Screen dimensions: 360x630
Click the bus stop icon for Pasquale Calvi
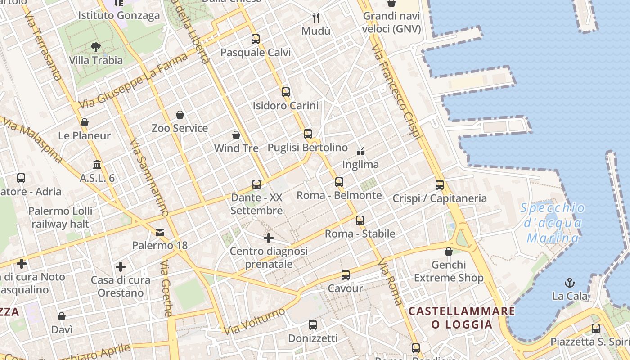[256, 39]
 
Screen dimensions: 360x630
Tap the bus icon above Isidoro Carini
[286, 92]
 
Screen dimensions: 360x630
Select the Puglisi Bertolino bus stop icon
[308, 134]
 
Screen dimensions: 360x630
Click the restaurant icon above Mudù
[316, 18]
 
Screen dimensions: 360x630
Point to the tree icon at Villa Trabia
[95, 47]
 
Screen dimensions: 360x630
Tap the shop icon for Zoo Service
[180, 115]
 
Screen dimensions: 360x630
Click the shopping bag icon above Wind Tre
[236, 135]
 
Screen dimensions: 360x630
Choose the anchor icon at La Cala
[570, 283]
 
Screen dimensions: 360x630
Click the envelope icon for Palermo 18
[160, 233]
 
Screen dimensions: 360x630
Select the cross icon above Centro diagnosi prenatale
[269, 238]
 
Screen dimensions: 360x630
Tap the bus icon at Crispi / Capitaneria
[440, 185]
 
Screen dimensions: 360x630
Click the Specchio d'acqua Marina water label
[553, 223]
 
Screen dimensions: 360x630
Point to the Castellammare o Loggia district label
[462, 318]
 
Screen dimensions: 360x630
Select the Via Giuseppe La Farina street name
[133, 81]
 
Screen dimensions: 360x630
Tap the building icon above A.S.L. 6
[97, 165]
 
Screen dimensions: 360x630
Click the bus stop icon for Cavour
[346, 275]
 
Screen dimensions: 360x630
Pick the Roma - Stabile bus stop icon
[360, 220]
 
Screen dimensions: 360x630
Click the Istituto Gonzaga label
[119, 16]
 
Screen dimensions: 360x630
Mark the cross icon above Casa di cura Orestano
[121, 267]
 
